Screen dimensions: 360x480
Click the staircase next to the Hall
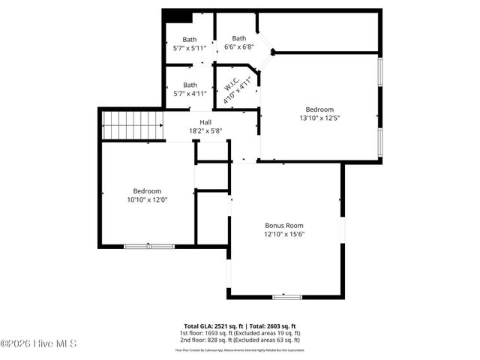(133, 125)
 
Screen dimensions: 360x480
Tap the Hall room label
(205, 122)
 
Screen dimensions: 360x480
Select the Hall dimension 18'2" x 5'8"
(205, 130)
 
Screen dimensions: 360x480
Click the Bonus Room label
(284, 225)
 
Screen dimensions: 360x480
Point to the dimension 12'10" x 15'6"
(284, 234)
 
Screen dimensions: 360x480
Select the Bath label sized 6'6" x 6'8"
(238, 38)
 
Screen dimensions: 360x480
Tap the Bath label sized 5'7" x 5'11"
(190, 40)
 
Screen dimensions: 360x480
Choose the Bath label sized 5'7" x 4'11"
(190, 85)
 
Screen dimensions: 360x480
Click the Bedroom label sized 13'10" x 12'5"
(325, 109)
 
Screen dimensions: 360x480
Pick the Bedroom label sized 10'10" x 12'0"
(147, 190)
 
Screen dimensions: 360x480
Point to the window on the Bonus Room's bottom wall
(286, 297)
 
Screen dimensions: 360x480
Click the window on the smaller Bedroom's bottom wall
(148, 246)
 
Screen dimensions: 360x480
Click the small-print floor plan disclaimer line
(240, 349)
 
